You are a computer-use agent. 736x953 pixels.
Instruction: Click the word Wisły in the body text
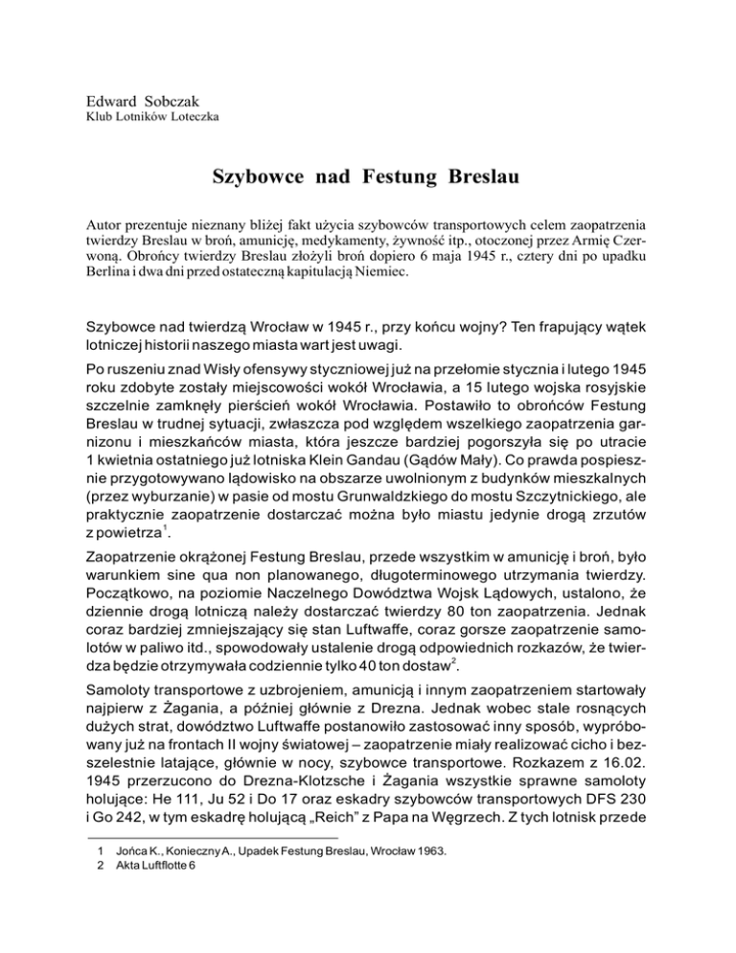pyautogui.click(x=220, y=367)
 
